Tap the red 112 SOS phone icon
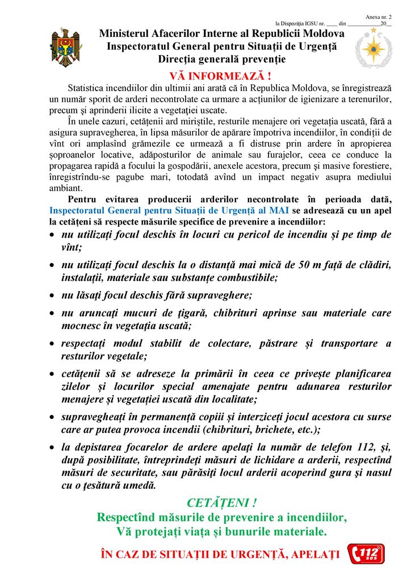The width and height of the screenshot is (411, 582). (366, 554)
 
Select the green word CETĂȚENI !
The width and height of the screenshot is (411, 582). (222, 502)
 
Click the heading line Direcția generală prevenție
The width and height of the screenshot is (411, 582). (222, 59)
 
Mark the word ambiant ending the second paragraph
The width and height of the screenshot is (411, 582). (65, 189)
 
